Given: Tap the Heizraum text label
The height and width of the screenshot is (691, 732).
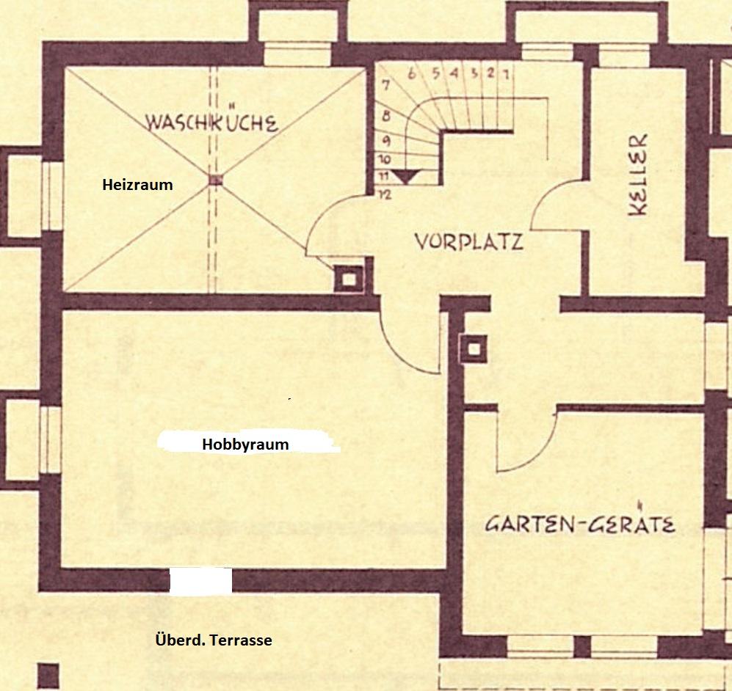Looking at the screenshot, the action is coord(138,185).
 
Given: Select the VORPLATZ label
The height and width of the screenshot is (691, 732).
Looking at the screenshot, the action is coord(468,242).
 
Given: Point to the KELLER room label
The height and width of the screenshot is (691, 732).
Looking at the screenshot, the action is coord(637,175).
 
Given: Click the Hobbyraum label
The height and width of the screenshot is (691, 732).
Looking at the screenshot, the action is coord(245,445).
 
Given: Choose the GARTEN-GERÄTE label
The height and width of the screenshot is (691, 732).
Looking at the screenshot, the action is coord(580,524).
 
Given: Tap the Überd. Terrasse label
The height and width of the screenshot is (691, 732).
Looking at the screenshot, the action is coord(214,640).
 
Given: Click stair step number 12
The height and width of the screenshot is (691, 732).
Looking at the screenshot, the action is coord(385,195).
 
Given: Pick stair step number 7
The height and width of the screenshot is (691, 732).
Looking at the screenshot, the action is coord(385,85).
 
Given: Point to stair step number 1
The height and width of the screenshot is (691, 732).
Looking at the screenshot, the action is coord(506,74).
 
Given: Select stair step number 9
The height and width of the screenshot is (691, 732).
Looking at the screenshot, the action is coord(386,140).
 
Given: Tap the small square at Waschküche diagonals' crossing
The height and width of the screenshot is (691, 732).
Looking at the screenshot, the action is coord(215,180).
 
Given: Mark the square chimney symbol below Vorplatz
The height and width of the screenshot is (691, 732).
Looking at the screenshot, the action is coord(474,348).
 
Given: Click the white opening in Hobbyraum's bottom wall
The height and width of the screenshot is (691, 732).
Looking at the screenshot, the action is coord(200,581).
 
